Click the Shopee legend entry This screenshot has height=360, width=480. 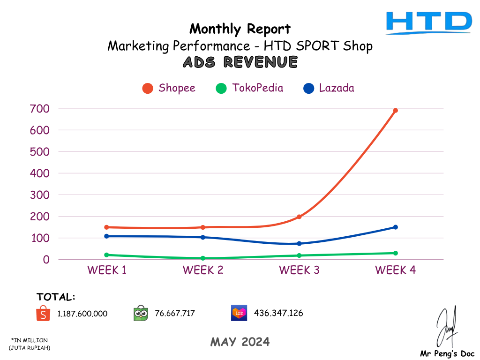click(169, 88)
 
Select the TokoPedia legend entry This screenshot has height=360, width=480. click(250, 88)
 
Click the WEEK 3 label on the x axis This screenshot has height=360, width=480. click(299, 270)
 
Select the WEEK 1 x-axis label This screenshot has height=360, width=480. click(107, 270)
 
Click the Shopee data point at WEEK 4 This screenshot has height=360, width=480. click(395, 111)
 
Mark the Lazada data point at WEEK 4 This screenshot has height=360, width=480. click(395, 227)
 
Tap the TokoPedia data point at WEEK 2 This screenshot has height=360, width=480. click(203, 258)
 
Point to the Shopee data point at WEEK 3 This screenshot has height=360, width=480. click(299, 217)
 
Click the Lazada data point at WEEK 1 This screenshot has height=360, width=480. click(107, 236)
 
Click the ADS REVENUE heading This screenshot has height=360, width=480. click(240, 62)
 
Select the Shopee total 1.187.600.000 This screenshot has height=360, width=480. click(82, 314)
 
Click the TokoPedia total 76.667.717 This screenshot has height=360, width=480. click(175, 313)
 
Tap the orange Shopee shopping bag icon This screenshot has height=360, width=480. click(43, 313)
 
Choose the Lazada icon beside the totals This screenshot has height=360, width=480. click(239, 313)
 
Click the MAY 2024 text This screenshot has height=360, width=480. click(240, 342)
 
